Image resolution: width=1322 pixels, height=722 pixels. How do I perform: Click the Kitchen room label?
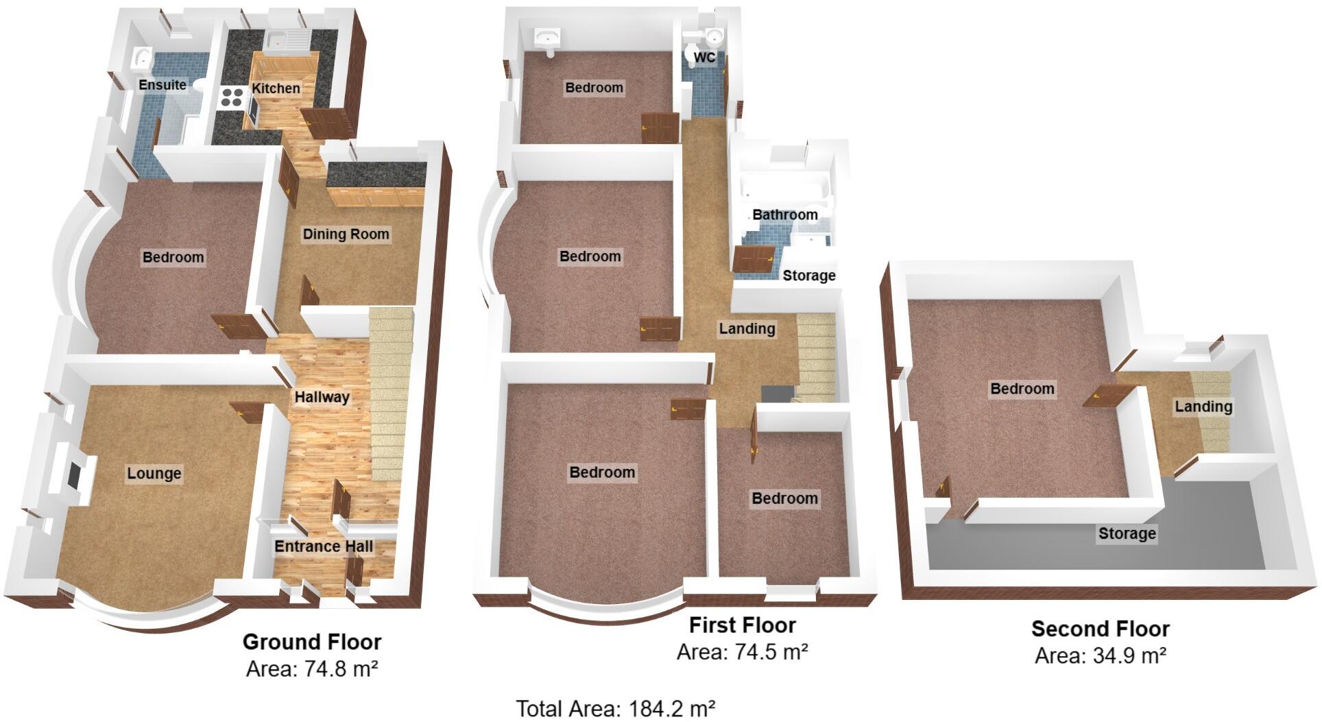point(276,88)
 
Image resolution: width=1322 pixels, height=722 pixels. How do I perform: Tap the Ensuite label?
point(163,85)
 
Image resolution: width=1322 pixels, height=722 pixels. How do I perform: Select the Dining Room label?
point(346,234)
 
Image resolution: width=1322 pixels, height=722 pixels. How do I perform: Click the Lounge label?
point(154,474)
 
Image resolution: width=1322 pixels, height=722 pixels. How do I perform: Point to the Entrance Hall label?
point(324,546)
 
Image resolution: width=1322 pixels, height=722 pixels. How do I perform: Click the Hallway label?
point(322,397)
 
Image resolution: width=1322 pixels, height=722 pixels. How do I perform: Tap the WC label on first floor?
point(704,58)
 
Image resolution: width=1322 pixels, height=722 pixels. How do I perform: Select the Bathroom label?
point(785,215)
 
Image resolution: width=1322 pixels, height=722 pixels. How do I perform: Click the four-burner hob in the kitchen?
point(232,97)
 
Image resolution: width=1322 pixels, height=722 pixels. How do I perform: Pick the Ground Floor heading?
point(312,642)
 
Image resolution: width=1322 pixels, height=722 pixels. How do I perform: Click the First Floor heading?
point(742,625)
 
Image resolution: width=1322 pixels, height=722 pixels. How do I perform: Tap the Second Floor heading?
point(1101,629)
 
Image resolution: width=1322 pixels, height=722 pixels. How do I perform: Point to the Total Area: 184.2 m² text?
point(615,708)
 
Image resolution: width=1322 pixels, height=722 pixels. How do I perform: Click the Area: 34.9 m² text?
point(1101,656)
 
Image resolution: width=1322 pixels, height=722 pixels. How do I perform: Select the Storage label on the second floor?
point(1127,534)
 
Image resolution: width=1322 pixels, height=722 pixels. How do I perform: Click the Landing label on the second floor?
point(1203,407)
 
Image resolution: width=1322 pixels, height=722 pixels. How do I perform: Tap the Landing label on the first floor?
point(747,329)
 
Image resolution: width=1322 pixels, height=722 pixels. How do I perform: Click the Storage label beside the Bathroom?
point(809,276)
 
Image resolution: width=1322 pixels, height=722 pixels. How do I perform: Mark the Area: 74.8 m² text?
point(312,668)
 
